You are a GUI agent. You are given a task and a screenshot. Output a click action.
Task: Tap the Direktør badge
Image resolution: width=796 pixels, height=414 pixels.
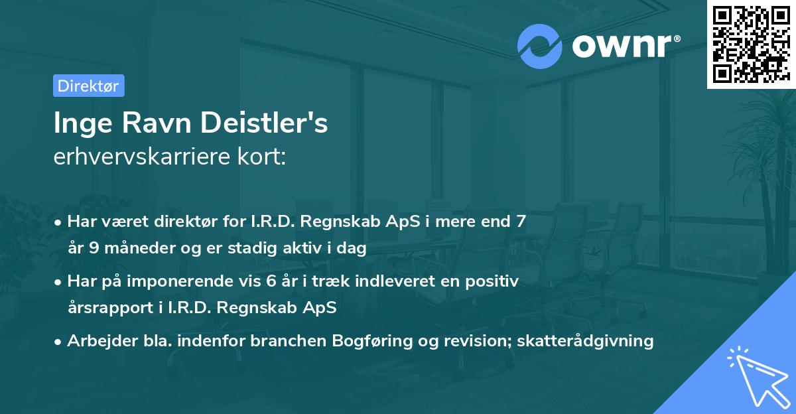88,86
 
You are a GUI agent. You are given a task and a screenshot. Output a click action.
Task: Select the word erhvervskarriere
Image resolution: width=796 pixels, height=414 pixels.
134,158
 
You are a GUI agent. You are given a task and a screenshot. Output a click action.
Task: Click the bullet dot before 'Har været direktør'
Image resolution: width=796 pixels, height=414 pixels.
60,222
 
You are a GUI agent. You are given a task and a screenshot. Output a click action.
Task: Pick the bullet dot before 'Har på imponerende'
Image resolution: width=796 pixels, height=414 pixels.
60,282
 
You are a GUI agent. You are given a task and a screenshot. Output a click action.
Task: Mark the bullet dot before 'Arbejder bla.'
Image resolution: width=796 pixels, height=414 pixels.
60,342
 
